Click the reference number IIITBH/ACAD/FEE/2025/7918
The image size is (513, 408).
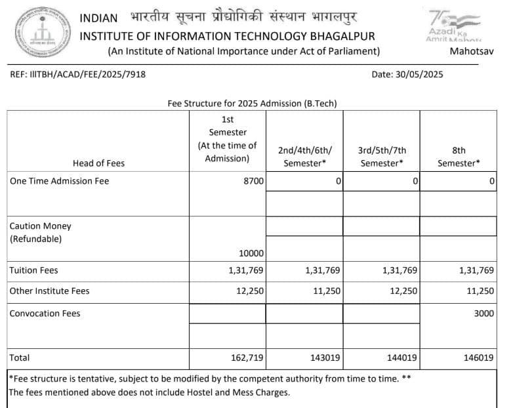coord(78,74)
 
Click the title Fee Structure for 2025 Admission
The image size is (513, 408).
coord(253,104)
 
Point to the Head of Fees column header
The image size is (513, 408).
coord(98,163)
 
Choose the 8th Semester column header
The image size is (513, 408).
coord(459,157)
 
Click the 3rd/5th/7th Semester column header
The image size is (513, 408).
coord(382,157)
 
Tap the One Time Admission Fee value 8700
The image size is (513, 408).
coord(253,181)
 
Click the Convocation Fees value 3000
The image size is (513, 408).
coord(483,314)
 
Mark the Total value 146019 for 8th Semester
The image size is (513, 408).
coord(478,357)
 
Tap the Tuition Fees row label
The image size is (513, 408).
coord(33,270)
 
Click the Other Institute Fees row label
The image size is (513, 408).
coord(49,291)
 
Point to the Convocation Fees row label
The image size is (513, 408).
coord(45,314)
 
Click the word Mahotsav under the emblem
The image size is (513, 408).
coord(472,51)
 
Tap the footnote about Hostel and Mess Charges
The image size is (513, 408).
coord(150,393)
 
